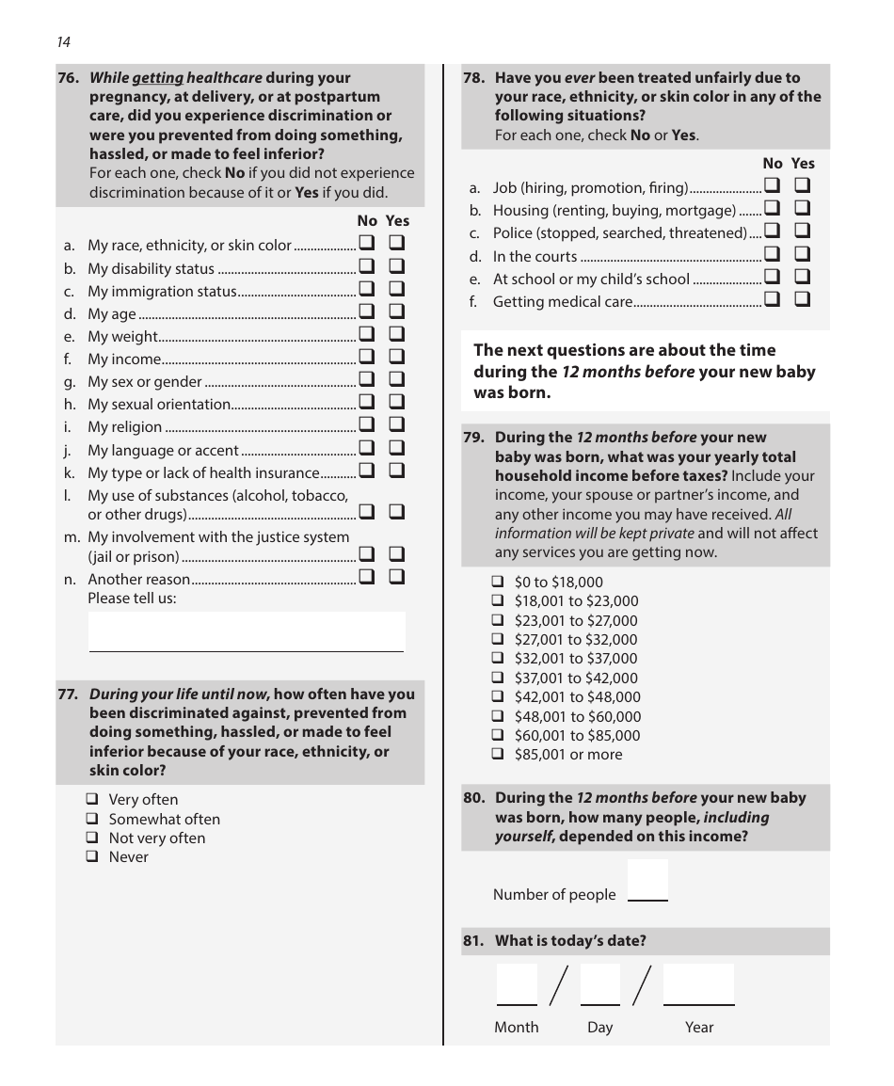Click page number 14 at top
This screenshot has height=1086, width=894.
pyautogui.click(x=63, y=41)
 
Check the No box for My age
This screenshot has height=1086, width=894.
pyautogui.click(x=366, y=312)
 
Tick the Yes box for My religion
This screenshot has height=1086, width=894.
pyautogui.click(x=396, y=426)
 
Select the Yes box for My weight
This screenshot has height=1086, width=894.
pyautogui.click(x=396, y=335)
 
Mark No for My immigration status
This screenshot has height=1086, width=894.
pyautogui.click(x=366, y=290)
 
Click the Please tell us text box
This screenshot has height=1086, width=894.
pyautogui.click(x=247, y=631)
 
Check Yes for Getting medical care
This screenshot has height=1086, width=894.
pyautogui.click(x=803, y=300)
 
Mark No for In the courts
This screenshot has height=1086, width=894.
pyautogui.click(x=772, y=254)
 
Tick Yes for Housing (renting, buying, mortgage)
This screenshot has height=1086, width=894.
pyautogui.click(x=803, y=208)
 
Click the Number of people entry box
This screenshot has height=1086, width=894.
pyautogui.click(x=647, y=881)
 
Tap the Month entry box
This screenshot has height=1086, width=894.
pyautogui.click(x=517, y=984)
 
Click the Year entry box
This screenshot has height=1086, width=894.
pyautogui.click(x=698, y=984)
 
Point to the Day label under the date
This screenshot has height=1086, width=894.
pyautogui.click(x=599, y=1027)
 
